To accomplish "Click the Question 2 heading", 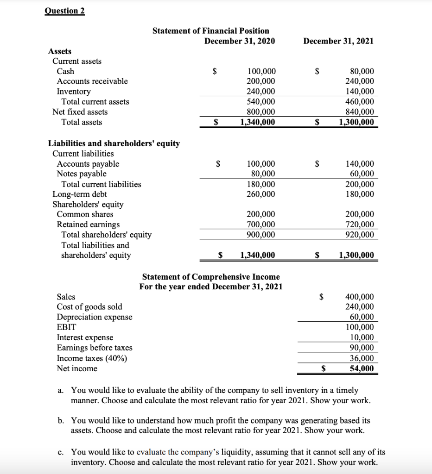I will pos(64,11).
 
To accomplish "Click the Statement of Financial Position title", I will pos(210,31).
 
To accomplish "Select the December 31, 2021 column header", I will pos(338,41).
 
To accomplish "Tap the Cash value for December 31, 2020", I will pos(261,71).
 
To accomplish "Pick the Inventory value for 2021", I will pos(360,92).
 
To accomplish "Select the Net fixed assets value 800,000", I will pos(261,112).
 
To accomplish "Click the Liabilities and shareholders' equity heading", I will pos(114,143).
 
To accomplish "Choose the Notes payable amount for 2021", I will pos(362,174).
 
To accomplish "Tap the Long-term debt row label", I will pos(80,194).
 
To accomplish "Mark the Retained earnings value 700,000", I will pos(261,225).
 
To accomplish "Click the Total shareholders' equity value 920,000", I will pos(360,235).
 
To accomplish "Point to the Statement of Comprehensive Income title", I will pos(210,277).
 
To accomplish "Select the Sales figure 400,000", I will pos(360,297).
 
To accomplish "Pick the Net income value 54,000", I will pos(362,368).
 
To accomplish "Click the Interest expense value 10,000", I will pos(362,337).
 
